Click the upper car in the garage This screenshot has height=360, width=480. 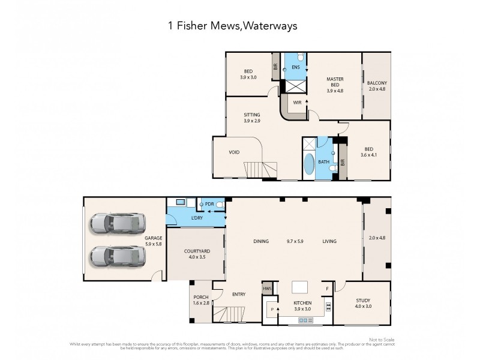(118, 224)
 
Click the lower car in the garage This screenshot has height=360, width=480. (118, 257)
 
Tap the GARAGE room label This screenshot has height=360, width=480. (154, 238)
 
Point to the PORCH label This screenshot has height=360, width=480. (201, 298)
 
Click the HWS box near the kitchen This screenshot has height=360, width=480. (267, 289)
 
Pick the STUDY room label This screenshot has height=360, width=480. (362, 301)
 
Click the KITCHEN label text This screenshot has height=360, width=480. (302, 304)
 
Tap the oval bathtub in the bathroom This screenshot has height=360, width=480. (309, 164)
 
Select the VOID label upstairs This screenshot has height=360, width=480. (234, 152)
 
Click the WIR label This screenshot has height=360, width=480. (297, 103)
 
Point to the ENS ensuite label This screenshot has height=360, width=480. (295, 67)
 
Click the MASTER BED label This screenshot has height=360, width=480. (334, 82)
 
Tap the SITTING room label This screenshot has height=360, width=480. (252, 115)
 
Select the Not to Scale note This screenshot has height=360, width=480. (382, 340)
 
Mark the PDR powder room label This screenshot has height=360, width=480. (209, 205)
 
